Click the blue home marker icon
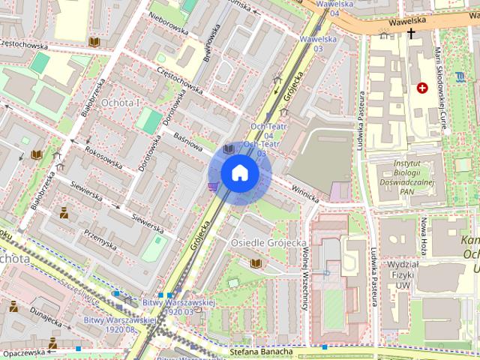point(239,173)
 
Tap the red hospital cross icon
point(423,88)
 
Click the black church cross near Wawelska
point(410,34)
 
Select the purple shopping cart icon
point(214,185)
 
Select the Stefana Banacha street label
point(259,350)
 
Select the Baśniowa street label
point(189,140)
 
